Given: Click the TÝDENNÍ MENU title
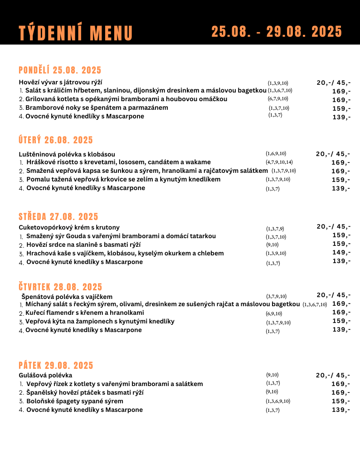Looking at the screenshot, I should [x=76, y=33].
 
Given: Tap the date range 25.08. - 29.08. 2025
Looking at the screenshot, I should [x=277, y=32].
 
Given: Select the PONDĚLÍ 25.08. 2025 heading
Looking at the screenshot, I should [x=60, y=70].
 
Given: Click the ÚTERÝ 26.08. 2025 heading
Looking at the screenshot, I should [x=56, y=140].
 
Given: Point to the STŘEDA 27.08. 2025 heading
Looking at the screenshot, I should [x=58, y=216].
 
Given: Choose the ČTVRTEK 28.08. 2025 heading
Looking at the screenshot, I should [x=60, y=287].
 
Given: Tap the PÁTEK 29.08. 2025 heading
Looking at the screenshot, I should [x=56, y=365].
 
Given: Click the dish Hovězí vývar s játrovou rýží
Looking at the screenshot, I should [x=60, y=82].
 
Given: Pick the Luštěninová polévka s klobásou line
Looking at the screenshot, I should [x=67, y=154].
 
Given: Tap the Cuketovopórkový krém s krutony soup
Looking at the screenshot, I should [x=69, y=227].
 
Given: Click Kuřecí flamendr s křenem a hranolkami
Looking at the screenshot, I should [x=84, y=313].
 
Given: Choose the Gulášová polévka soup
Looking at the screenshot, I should [x=45, y=375].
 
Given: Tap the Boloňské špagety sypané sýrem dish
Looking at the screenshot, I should [x=74, y=401].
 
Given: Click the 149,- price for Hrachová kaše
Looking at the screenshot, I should [x=341, y=253].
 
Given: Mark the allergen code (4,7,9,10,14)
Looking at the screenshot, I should [x=279, y=162].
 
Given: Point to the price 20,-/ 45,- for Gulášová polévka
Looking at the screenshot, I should [x=333, y=375].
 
